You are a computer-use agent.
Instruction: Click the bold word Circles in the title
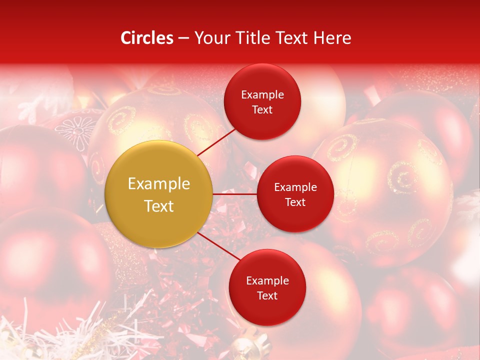coord(147,38)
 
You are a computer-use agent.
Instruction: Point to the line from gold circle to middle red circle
coord(234,194)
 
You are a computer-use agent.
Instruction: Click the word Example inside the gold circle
coord(158,184)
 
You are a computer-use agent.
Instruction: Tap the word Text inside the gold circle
coord(158,206)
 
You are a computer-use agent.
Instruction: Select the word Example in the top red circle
coord(262,95)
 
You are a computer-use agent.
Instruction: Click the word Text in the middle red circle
coord(295,202)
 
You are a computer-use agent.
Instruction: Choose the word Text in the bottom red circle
coord(267,295)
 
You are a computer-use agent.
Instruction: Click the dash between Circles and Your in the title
coord(183,38)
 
